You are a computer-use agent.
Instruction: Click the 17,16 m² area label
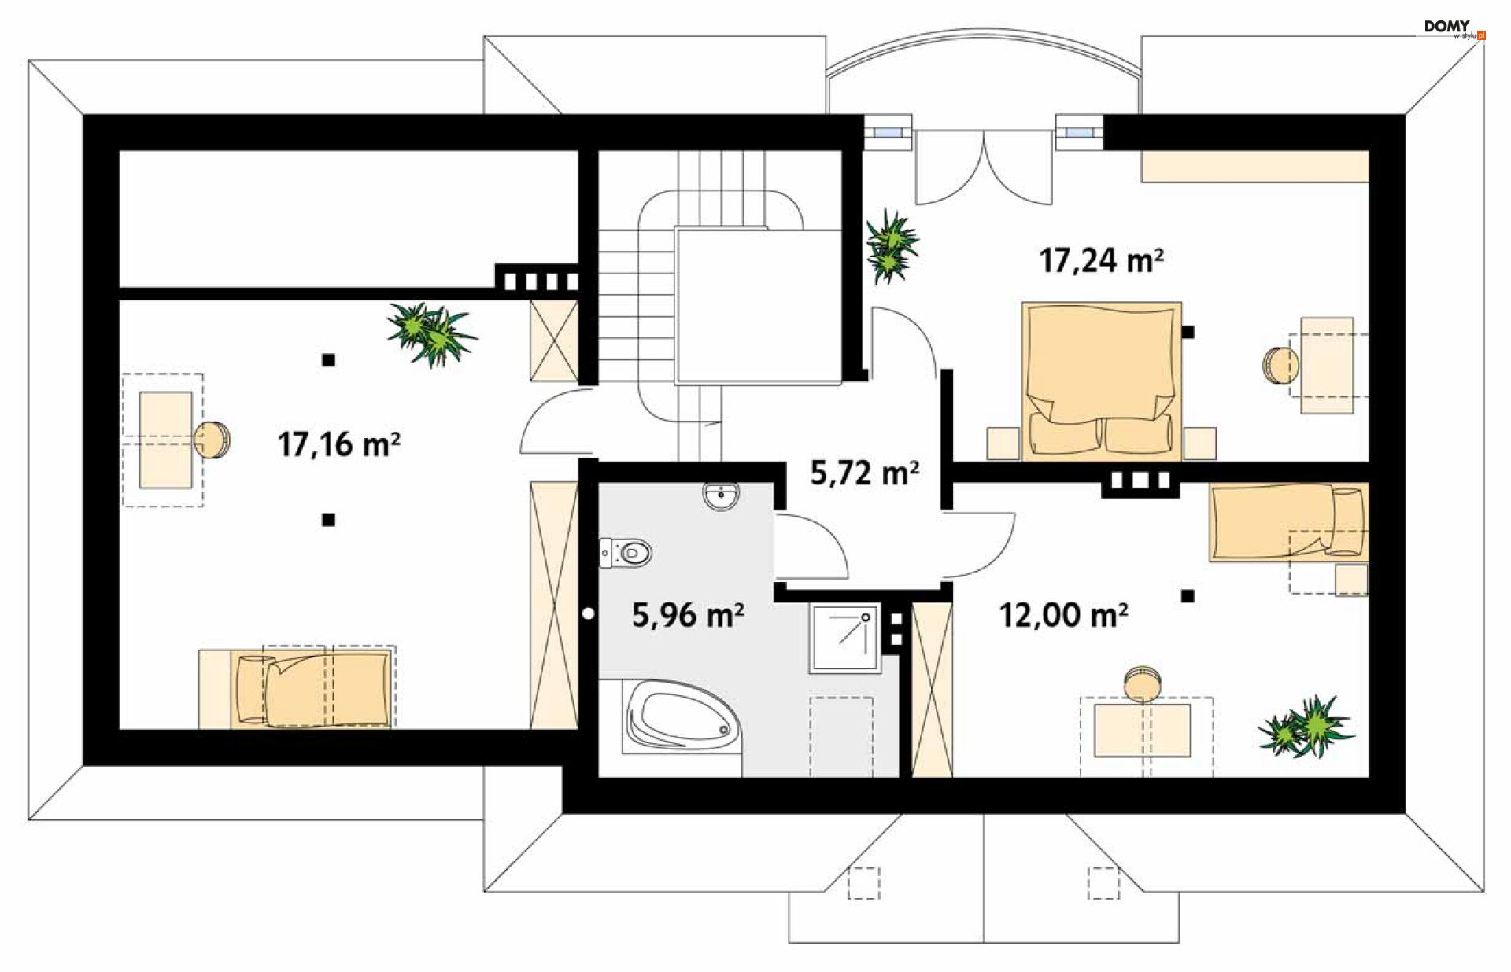tap(339, 444)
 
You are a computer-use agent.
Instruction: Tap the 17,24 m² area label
tap(1102, 260)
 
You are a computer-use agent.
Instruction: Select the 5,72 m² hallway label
tap(865, 473)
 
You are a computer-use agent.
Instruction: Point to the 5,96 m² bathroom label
tap(688, 614)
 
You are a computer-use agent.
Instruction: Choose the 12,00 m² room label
tap(1063, 614)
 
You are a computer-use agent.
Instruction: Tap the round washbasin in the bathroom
tap(721, 496)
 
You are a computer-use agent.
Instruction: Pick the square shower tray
tap(844, 638)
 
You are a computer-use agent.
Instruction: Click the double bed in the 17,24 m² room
tap(1102, 381)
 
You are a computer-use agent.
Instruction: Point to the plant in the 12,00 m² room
tap(1306, 726)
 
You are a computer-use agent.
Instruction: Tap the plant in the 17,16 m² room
tap(431, 333)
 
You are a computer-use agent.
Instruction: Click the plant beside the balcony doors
tap(891, 245)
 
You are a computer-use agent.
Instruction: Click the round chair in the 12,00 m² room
tap(1142, 683)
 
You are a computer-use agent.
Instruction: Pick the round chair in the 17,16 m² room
tap(212, 440)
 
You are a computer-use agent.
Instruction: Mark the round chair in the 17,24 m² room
tap(1280, 365)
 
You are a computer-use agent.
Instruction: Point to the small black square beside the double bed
tap(1188, 333)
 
